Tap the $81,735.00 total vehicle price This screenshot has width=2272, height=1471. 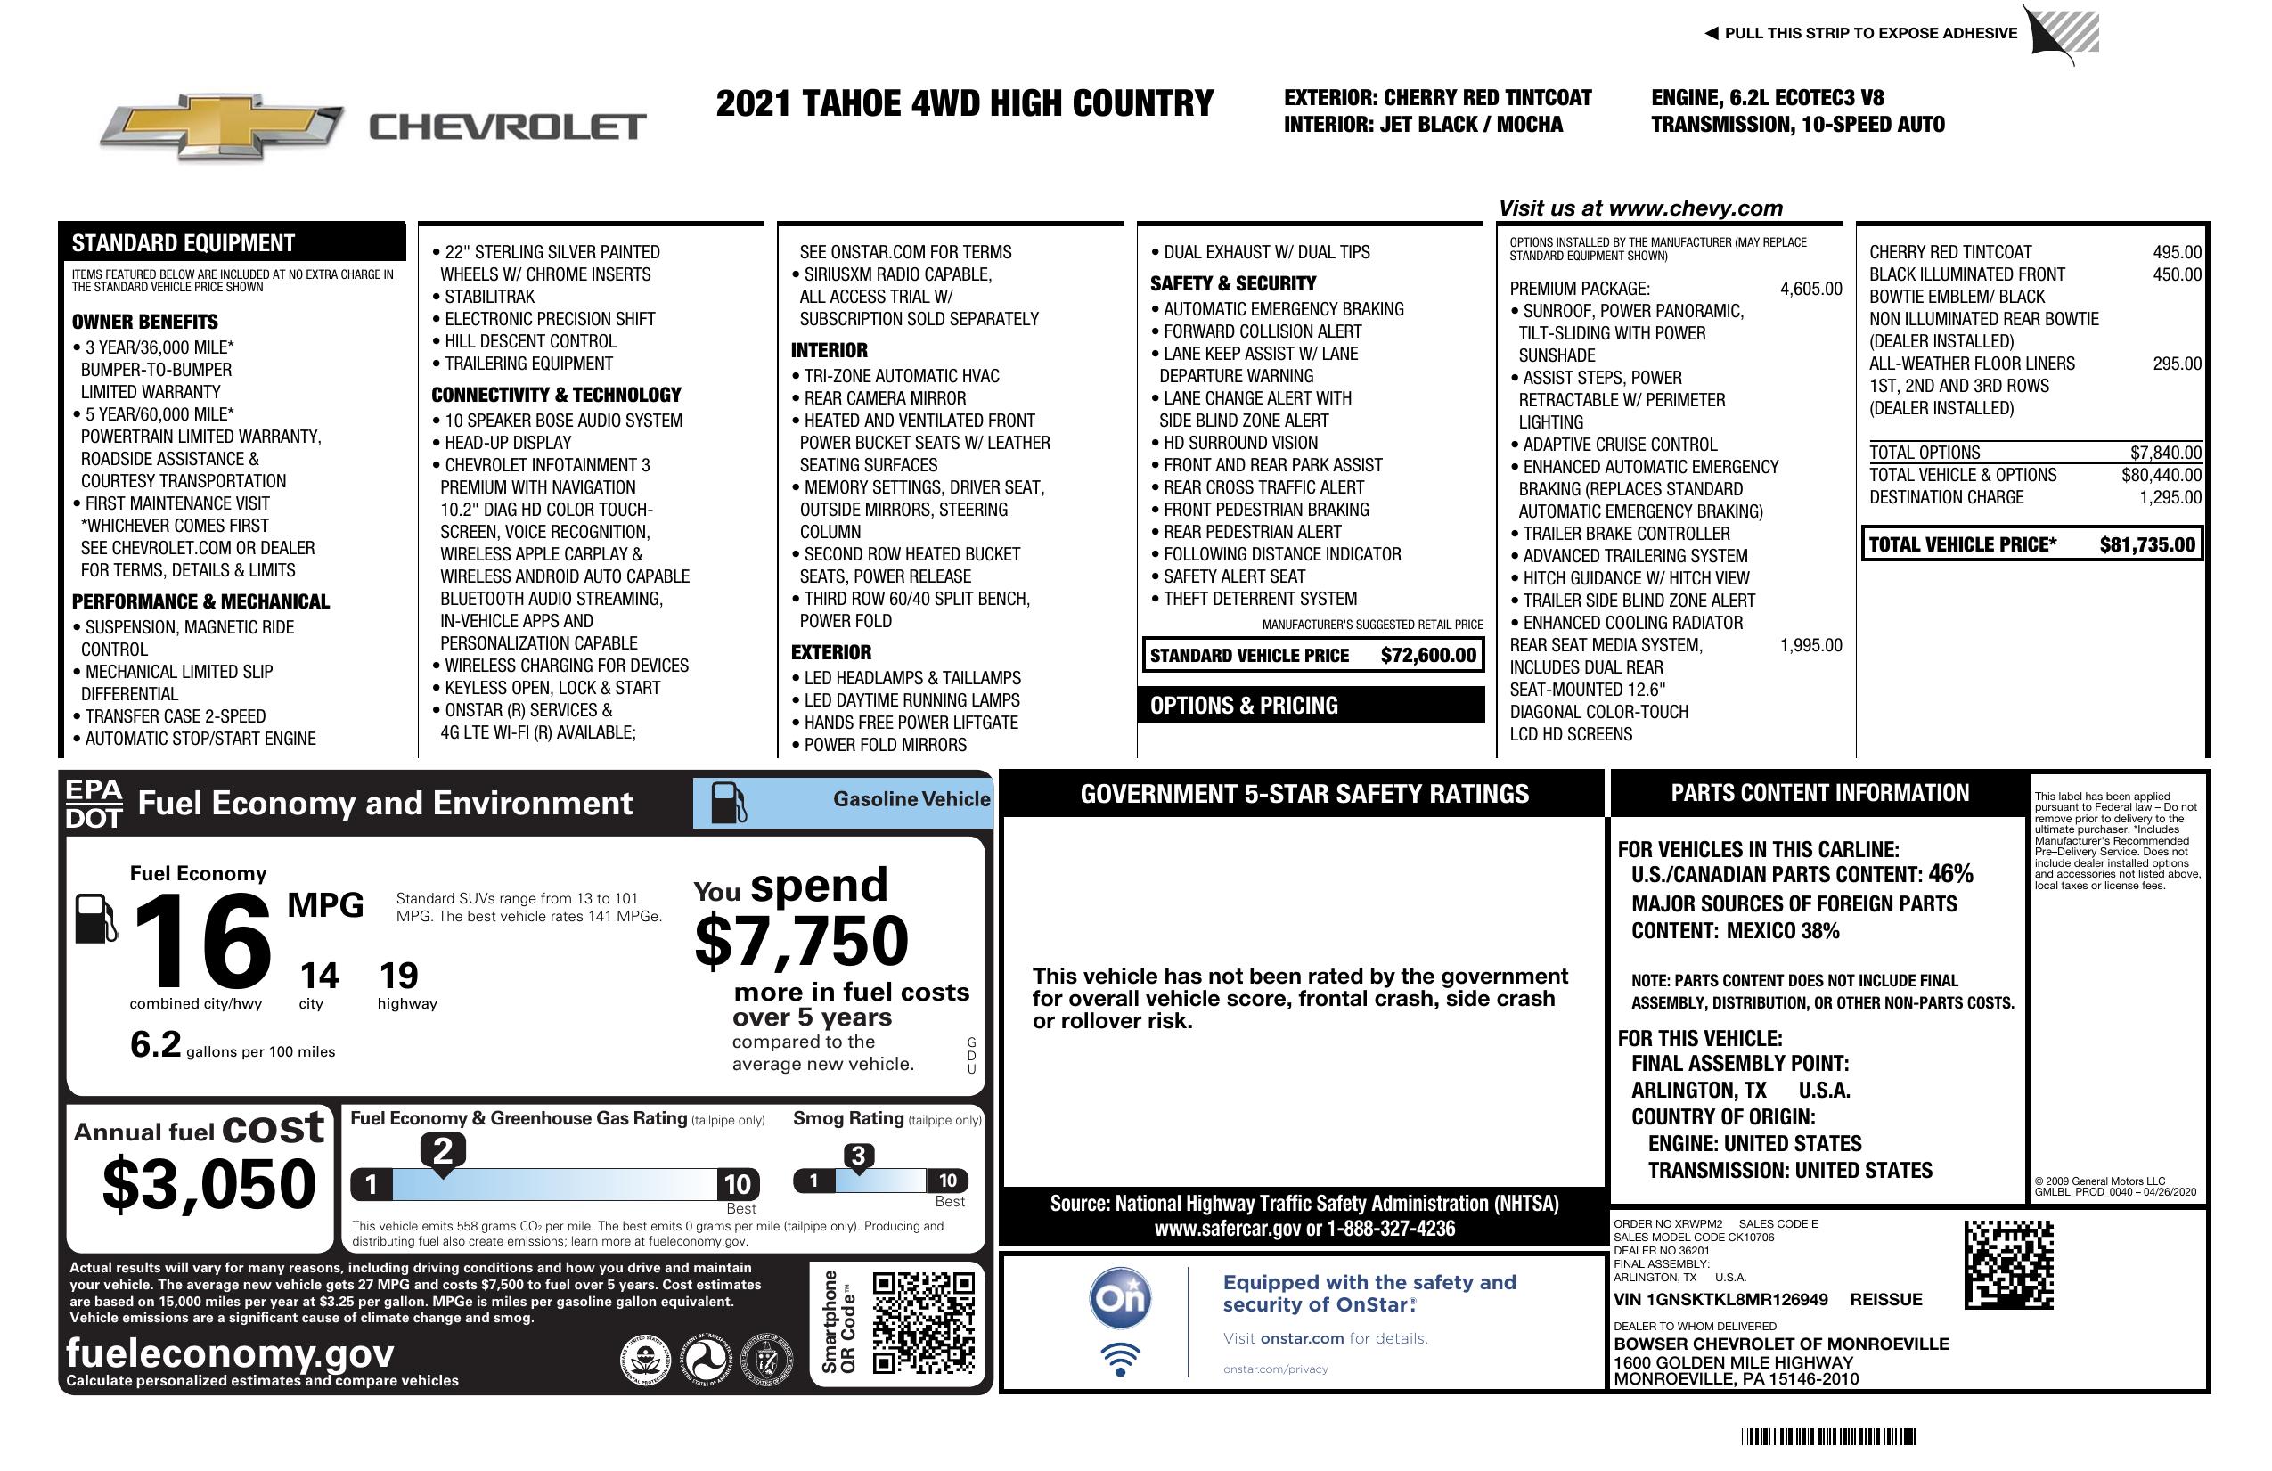tap(2147, 545)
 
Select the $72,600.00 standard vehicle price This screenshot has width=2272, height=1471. tap(1427, 656)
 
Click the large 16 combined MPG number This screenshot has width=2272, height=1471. tap(202, 941)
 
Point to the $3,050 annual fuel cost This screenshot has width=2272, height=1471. tap(208, 1184)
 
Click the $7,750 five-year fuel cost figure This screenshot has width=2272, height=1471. tap(801, 941)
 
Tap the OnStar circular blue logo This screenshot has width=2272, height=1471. tap(1120, 1298)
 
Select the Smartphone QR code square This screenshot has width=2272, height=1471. tap(923, 1322)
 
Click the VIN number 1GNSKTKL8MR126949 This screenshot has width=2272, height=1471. tap(1720, 1300)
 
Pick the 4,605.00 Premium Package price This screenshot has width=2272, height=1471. tap(1810, 290)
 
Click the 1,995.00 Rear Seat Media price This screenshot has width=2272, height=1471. tap(1810, 645)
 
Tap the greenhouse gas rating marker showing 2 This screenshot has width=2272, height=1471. tap(443, 1151)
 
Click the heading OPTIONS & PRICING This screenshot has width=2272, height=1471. tap(1244, 707)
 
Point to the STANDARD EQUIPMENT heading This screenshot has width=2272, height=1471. tap(184, 243)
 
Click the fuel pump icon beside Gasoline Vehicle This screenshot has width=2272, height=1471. tap(730, 803)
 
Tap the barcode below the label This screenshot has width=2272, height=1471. tap(1828, 1436)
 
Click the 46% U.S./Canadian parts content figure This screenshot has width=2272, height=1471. tap(1949, 873)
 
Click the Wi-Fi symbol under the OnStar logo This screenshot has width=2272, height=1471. tap(1120, 1360)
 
